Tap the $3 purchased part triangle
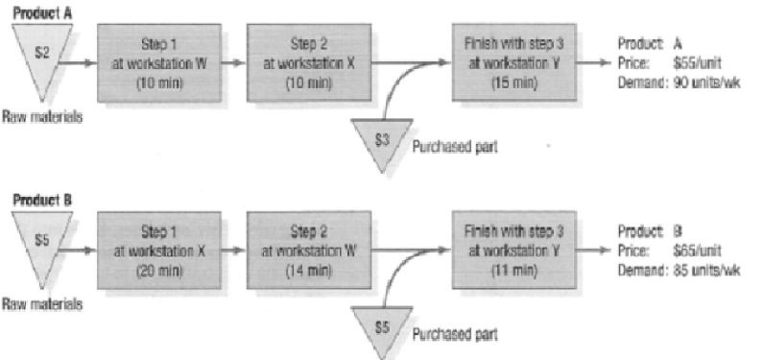pyautogui.click(x=382, y=140)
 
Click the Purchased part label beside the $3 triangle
pyautogui.click(x=452, y=148)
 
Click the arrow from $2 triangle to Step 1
pyautogui.click(x=82, y=64)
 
